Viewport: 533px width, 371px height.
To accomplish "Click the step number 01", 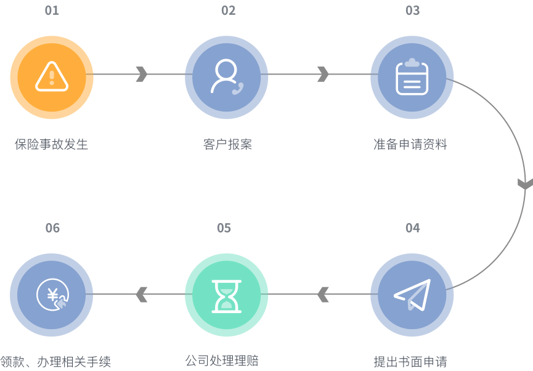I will click(x=52, y=10).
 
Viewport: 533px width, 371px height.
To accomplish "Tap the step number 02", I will click(x=228, y=10).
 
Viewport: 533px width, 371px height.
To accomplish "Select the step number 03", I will click(x=412, y=10).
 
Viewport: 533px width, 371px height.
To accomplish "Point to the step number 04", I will click(x=412, y=228).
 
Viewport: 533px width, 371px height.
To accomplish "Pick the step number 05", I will click(x=224, y=228).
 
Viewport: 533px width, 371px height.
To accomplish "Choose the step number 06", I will click(x=52, y=228).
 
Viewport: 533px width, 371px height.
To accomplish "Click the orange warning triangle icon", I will click(x=52, y=76).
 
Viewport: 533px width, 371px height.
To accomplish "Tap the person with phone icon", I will click(x=226, y=76).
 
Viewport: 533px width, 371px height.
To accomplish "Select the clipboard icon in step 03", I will click(x=412, y=77).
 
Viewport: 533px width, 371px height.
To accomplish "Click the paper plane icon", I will click(x=412, y=295).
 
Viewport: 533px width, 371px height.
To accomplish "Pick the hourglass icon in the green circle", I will click(x=226, y=295).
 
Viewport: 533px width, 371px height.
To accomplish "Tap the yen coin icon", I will click(x=52, y=295).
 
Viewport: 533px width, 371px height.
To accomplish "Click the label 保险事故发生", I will click(x=52, y=145).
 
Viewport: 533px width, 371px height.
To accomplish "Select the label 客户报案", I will click(x=227, y=145).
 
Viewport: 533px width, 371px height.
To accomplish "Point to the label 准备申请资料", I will click(x=410, y=145).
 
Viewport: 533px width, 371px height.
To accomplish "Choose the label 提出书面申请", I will click(x=410, y=362).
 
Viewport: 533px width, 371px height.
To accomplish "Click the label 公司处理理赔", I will click(x=222, y=361).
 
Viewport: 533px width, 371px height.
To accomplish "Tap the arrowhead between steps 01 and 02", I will click(x=142, y=74).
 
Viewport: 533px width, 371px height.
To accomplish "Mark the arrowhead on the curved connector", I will click(x=524, y=184).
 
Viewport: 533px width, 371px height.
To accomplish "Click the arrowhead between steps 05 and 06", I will click(x=142, y=295).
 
